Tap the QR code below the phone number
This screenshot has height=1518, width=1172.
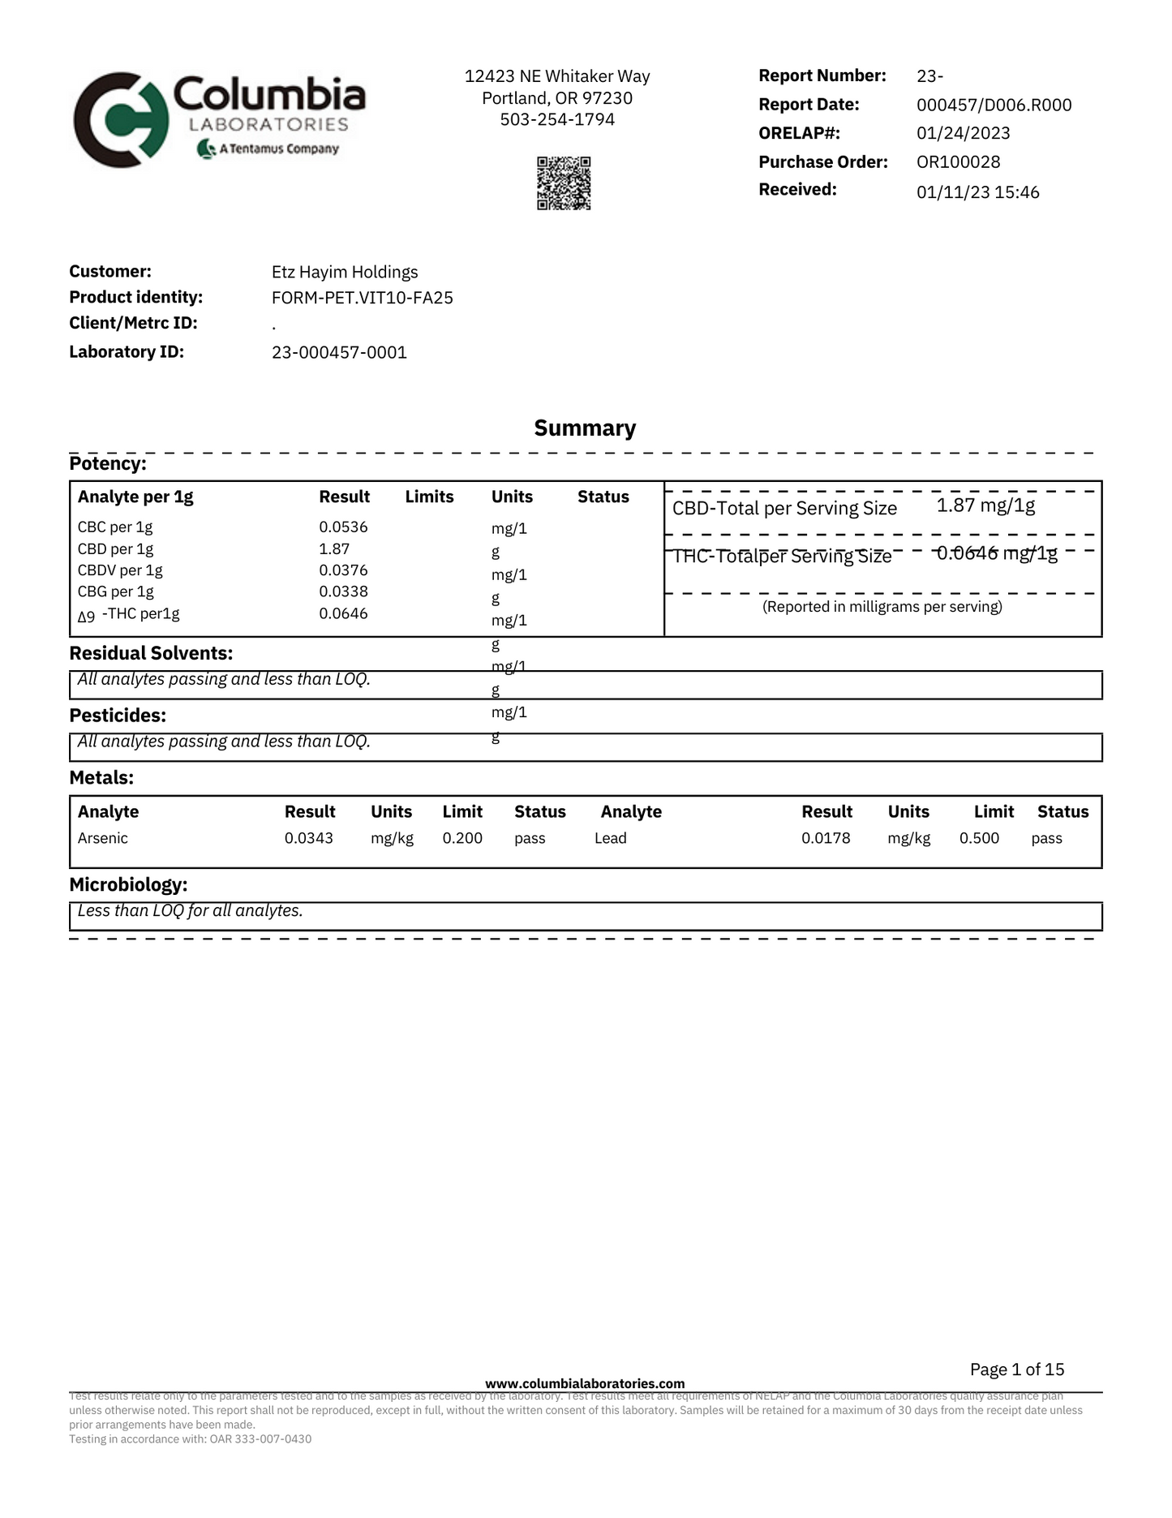pos(564,183)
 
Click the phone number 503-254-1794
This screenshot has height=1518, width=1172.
pos(557,119)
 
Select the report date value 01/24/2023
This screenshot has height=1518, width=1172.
pos(964,133)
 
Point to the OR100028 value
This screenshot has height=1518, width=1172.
pos(959,161)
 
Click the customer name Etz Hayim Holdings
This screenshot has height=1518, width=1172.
pos(345,272)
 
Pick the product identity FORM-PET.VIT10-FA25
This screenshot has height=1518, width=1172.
pos(363,298)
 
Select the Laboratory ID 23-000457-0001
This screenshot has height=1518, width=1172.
pos(339,352)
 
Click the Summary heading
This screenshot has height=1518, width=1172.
pos(585,428)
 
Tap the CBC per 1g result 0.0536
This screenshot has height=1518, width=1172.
pos(343,527)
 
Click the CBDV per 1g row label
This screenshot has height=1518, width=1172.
pos(120,570)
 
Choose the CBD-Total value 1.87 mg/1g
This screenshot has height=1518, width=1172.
pos(985,506)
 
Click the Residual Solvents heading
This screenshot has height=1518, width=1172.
pos(151,653)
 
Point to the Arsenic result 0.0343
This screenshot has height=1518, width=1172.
pos(308,838)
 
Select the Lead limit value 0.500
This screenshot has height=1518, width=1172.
pos(979,838)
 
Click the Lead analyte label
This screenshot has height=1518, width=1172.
pos(610,838)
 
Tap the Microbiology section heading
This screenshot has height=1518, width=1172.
pos(128,884)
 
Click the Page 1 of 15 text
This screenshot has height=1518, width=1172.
pos(1017,1370)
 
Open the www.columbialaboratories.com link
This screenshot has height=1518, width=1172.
pos(585,1383)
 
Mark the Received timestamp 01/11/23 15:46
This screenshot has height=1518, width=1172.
pos(978,192)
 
